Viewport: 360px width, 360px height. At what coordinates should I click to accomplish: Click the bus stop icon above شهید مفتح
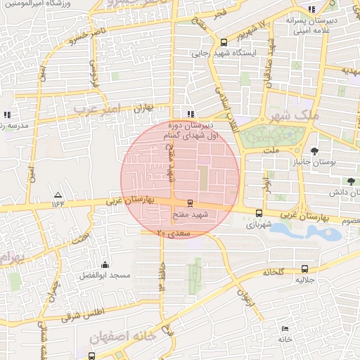coord(189,203)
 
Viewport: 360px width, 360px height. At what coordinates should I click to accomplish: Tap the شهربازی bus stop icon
coord(259,213)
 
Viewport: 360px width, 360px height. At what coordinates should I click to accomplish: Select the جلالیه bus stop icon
coord(304,269)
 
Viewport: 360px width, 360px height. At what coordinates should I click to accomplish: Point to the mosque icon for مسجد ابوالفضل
coord(105,264)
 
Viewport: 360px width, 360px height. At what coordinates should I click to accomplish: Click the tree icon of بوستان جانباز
coord(314,150)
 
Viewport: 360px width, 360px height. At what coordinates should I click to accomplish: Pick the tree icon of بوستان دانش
coord(330,181)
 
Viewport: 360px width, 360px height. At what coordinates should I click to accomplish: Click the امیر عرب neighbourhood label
coord(96,108)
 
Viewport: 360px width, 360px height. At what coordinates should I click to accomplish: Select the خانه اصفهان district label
coord(122,338)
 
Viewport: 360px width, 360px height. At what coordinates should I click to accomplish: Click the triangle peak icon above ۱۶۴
coord(58,195)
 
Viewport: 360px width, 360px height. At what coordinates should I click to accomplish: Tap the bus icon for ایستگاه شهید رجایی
coord(224,41)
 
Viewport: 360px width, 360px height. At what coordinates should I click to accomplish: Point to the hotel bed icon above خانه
coord(284,328)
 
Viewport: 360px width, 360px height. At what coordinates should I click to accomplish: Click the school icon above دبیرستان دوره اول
coord(190,113)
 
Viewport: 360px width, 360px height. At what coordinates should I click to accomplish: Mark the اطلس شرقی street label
coord(82,313)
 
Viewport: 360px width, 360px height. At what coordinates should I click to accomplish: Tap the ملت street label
coord(272,150)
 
